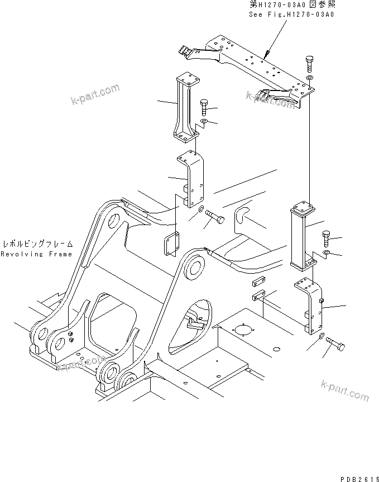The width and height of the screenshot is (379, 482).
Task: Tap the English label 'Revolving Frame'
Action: tap(36, 254)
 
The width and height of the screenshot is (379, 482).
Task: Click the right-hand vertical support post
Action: tap(302, 237)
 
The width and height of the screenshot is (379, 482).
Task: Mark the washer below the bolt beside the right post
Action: tap(327, 254)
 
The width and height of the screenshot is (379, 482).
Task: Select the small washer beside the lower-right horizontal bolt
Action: tap(323, 337)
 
